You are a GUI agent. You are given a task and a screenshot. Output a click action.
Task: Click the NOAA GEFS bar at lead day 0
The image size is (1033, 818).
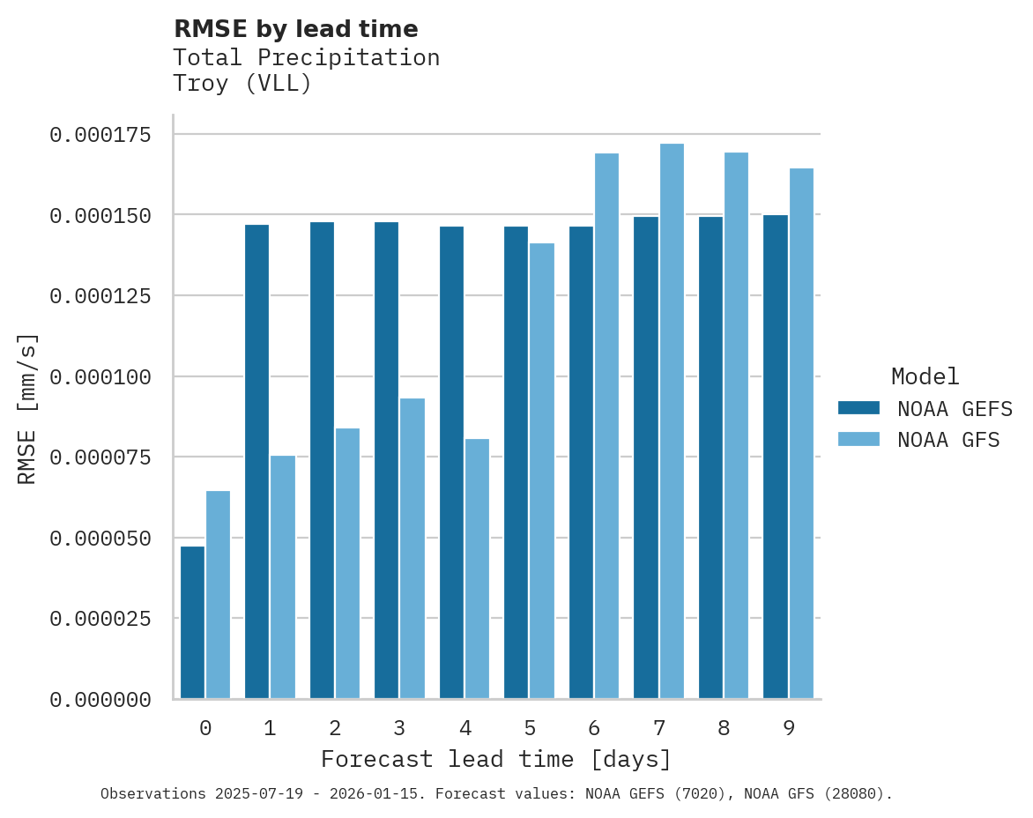pos(192,622)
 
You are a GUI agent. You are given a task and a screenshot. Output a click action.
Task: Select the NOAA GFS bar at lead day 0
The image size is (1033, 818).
pos(218,595)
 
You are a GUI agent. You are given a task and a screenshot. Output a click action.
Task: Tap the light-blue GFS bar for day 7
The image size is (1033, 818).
pos(672,421)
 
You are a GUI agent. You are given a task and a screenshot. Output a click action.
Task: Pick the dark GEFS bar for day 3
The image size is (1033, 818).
pos(386,460)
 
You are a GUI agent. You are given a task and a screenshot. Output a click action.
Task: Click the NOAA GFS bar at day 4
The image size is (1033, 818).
pos(477,569)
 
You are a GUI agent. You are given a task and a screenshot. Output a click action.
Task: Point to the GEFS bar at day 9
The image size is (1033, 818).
pos(776,457)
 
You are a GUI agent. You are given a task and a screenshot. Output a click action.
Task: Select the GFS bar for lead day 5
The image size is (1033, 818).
pos(542,471)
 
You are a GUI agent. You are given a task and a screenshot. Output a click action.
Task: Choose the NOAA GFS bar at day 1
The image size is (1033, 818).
pos(283,577)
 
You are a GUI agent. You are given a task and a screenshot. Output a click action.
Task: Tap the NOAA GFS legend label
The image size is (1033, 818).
pos(948,440)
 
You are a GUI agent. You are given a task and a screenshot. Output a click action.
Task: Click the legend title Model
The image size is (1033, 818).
pos(925,377)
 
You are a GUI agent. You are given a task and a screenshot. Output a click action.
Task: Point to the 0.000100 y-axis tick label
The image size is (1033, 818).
pos(100,377)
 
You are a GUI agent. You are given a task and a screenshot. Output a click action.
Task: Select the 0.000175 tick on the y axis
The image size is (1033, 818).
pos(100,135)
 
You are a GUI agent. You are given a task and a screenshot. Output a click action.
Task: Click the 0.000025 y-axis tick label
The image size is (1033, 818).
pos(100,619)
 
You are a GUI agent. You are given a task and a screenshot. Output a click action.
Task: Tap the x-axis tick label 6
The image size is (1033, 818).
pos(594,728)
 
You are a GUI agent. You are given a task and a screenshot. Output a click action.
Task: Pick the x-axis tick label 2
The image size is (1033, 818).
pos(335,728)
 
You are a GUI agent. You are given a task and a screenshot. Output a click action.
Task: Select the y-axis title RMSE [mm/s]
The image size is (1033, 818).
pos(28,408)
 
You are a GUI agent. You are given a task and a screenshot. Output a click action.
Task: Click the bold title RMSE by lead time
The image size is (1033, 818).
pos(295,29)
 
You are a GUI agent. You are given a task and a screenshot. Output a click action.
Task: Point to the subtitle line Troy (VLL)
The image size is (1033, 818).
pos(242,85)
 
